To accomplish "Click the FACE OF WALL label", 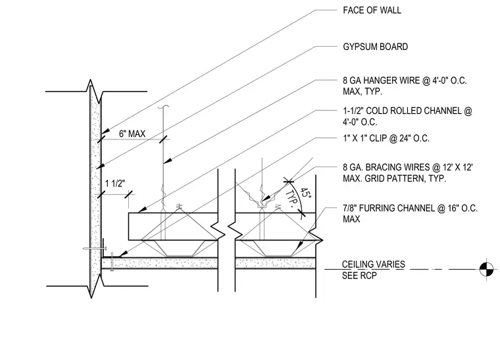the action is [372, 11].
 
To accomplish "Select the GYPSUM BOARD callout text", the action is [375, 47].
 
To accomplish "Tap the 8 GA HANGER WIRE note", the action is [405, 86].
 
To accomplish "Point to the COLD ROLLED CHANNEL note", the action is [407, 116].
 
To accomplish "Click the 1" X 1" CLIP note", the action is [386, 138].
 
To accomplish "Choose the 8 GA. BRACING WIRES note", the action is [408, 172].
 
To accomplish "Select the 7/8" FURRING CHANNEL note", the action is [410, 214].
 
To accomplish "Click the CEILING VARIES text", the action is [374, 265].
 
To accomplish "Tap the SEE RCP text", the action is [359, 276].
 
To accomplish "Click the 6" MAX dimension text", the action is [132, 134].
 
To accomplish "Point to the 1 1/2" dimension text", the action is [115, 184].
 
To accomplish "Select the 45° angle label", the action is [305, 193].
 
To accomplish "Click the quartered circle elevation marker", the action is [486, 269].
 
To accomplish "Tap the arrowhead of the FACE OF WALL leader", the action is [105, 131].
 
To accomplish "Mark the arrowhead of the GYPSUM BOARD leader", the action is [100, 166].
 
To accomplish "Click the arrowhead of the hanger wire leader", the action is [168, 161].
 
